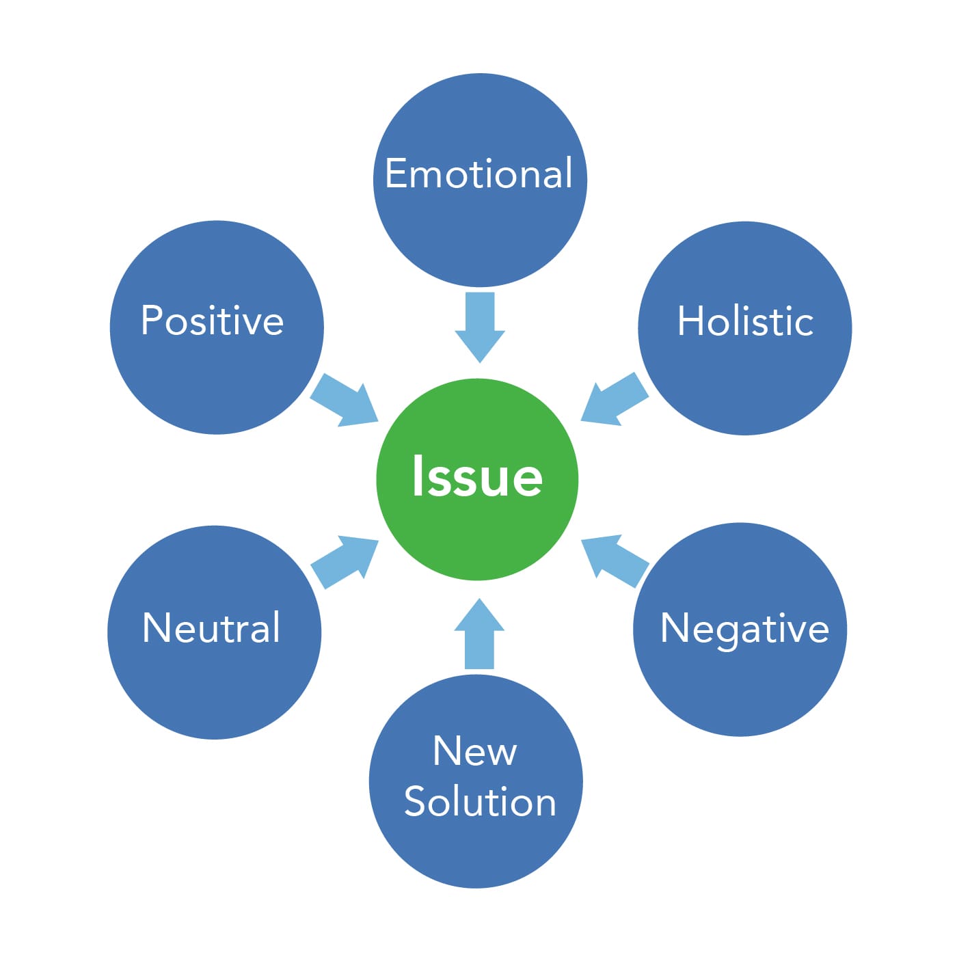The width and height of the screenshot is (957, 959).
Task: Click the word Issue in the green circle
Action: point(477,476)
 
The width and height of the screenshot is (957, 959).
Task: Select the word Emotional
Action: point(478,174)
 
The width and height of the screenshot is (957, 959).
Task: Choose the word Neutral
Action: point(211,627)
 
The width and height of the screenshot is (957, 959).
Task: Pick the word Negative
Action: point(744,628)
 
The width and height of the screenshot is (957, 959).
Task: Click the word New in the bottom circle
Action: point(474,751)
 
